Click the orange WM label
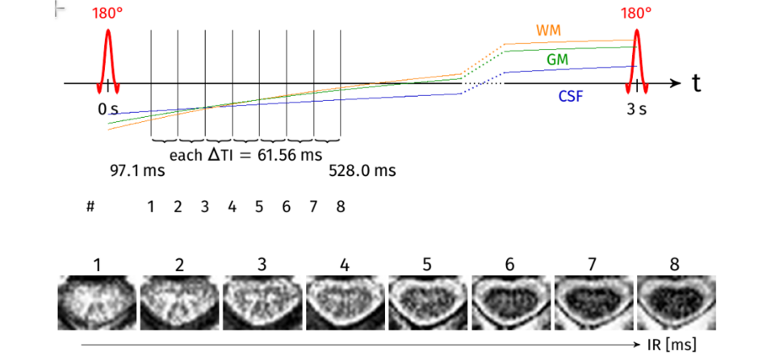pyautogui.click(x=549, y=31)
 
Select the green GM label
pyautogui.click(x=557, y=60)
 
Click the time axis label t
pyautogui.click(x=695, y=83)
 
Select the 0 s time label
pyautogui.click(x=108, y=109)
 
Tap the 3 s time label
pyautogui.click(x=636, y=109)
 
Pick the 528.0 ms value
pyautogui.click(x=362, y=171)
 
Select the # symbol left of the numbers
pyautogui.click(x=90, y=207)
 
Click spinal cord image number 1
pyautogui.click(x=97, y=302)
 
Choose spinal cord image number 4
pyautogui.click(x=345, y=302)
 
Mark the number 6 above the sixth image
pyautogui.click(x=511, y=265)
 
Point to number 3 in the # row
pyautogui.click(x=205, y=207)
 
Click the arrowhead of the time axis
pyautogui.click(x=677, y=83)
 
